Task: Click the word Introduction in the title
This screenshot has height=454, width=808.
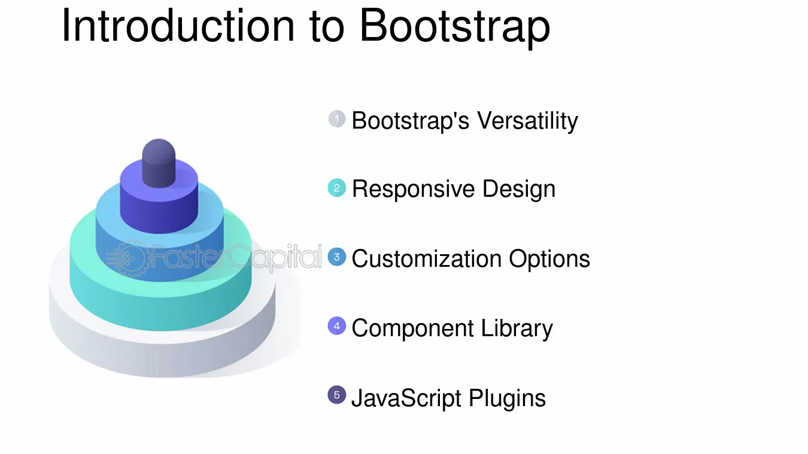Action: (x=178, y=25)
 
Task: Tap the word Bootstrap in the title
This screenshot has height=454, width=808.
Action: (x=455, y=28)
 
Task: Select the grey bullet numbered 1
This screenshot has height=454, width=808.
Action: (x=337, y=119)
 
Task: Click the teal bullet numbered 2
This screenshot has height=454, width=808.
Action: (x=337, y=188)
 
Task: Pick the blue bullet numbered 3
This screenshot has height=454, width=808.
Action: (x=337, y=257)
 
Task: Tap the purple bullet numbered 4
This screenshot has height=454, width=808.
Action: (x=337, y=325)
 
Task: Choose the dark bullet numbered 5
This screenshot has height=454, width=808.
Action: (x=337, y=395)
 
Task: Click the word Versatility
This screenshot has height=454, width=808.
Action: (x=528, y=121)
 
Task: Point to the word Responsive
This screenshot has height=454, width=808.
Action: (x=413, y=190)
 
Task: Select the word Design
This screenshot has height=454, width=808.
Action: (x=519, y=190)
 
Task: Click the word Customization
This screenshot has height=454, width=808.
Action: (x=427, y=259)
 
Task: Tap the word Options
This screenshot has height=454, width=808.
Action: (x=549, y=260)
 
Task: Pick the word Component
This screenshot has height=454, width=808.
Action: (x=412, y=329)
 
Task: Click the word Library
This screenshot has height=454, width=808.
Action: (x=517, y=329)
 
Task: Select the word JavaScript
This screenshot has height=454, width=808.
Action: (x=406, y=398)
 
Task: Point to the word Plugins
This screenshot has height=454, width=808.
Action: (x=508, y=399)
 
